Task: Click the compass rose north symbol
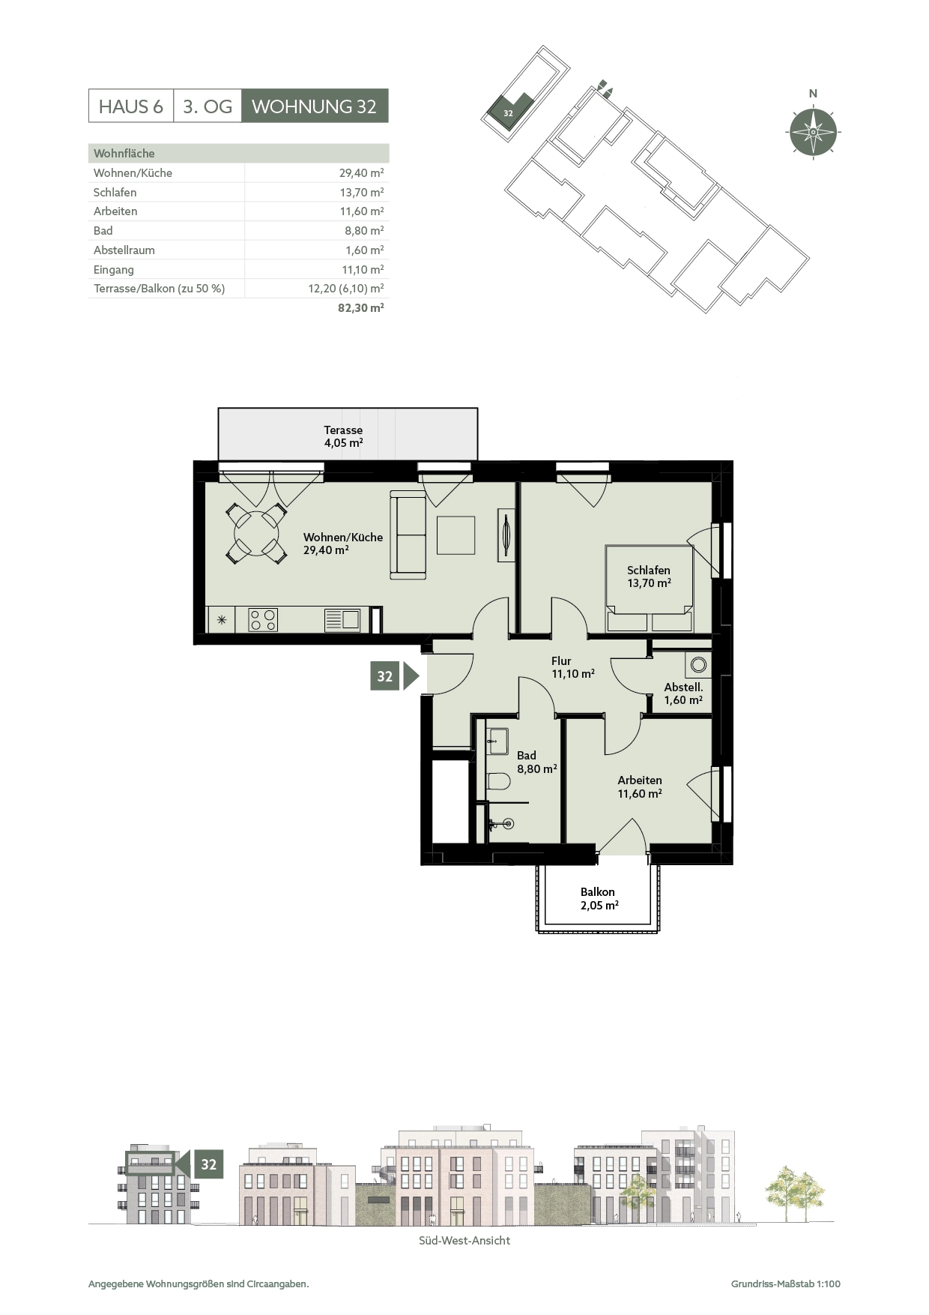[813, 132]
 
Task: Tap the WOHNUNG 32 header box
[315, 106]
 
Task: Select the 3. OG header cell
[208, 106]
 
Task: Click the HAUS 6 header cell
[131, 106]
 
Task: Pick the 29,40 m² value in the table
[362, 173]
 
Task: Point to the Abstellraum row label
[124, 250]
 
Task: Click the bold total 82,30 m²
[361, 307]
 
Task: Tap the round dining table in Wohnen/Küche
[257, 534]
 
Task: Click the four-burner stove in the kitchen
[263, 620]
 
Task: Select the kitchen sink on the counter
[342, 620]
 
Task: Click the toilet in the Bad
[498, 782]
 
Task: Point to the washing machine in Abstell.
[698, 664]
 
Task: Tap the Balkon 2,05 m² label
[598, 898]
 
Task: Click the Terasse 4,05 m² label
[343, 436]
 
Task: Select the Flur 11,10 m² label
[573, 667]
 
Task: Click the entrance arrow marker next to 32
[411, 676]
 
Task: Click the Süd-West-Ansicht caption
[464, 1240]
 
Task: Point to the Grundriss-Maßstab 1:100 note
[786, 1284]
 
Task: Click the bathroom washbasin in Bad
[497, 741]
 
